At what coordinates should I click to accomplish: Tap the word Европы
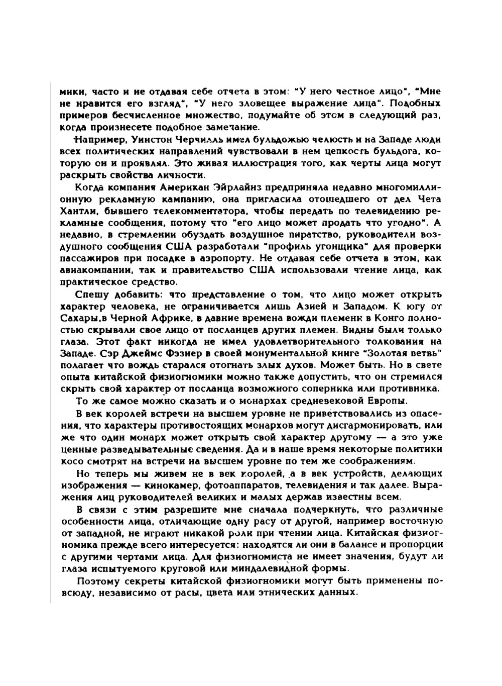(390, 401)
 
